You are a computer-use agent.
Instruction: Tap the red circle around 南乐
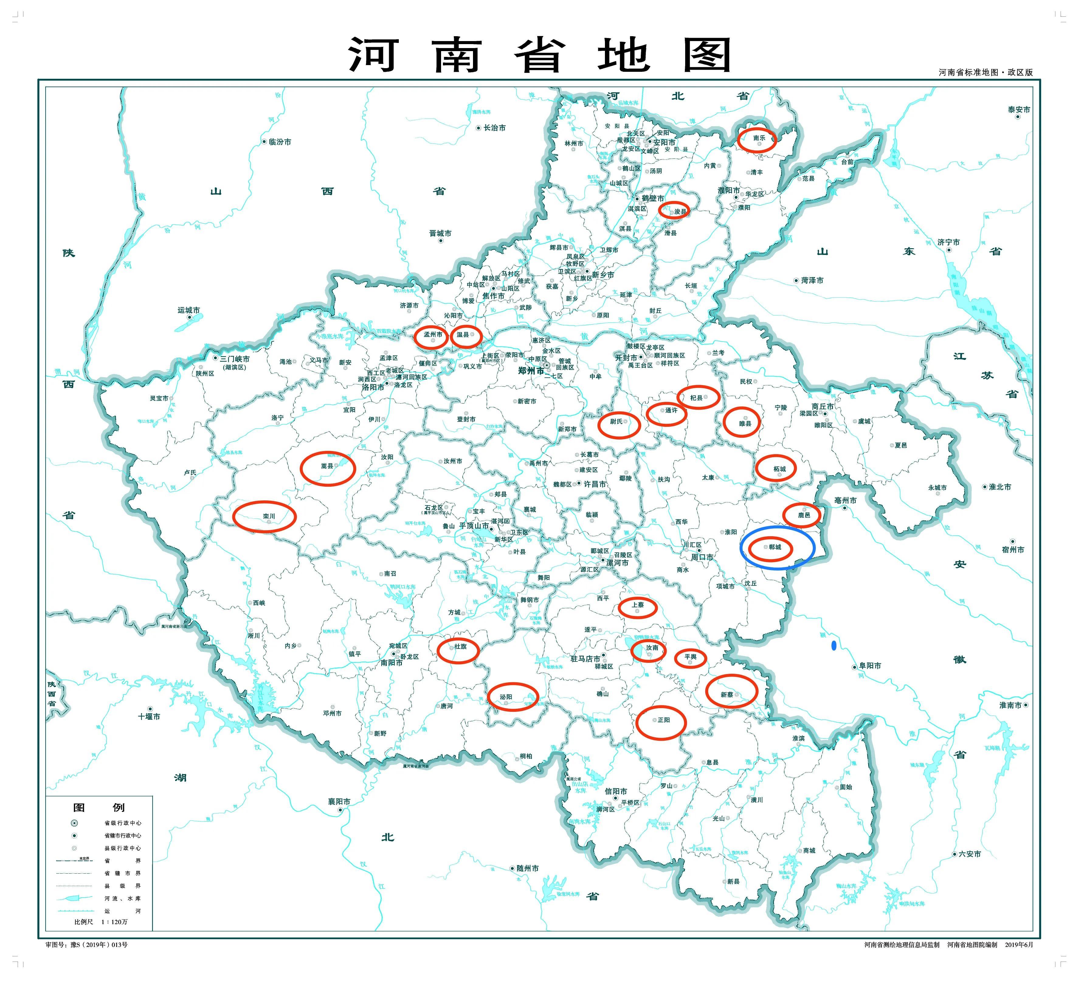point(757,140)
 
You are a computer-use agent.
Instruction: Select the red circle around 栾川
point(264,517)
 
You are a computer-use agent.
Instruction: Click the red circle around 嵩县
point(327,468)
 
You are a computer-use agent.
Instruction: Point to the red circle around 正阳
point(661,722)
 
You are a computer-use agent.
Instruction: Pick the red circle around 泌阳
point(513,697)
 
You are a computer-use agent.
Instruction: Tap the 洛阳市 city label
point(373,387)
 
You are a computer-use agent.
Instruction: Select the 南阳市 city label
point(392,663)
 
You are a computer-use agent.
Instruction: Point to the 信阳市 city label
point(616,791)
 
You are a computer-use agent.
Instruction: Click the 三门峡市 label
point(235,359)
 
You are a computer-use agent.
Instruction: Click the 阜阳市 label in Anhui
point(870,666)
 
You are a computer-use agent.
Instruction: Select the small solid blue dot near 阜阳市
point(834,646)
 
